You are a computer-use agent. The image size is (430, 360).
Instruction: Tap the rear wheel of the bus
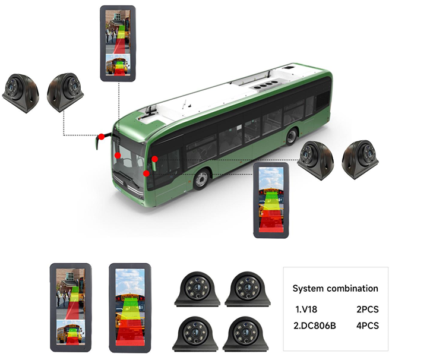[x=291, y=137]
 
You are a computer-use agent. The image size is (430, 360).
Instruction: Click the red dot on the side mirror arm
[x=102, y=137]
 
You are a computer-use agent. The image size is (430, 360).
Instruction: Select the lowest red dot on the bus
[x=147, y=173]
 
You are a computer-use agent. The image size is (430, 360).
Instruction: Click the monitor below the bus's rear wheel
[x=271, y=200]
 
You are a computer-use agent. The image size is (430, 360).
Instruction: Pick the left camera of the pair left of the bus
[x=20, y=92]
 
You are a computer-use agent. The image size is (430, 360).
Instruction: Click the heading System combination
[x=335, y=289]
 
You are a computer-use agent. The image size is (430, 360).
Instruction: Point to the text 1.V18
[x=307, y=310]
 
